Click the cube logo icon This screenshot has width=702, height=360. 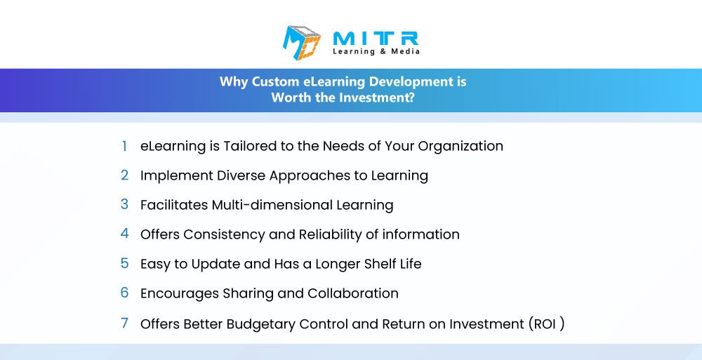302,43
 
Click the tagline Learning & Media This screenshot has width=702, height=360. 376,51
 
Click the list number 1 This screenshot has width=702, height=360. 124,146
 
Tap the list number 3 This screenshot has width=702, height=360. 124,204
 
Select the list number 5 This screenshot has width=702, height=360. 124,263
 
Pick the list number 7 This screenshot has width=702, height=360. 124,323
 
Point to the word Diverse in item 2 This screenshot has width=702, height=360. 241,175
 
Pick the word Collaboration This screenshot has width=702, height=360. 353,293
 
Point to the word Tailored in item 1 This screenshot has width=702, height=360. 250,146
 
